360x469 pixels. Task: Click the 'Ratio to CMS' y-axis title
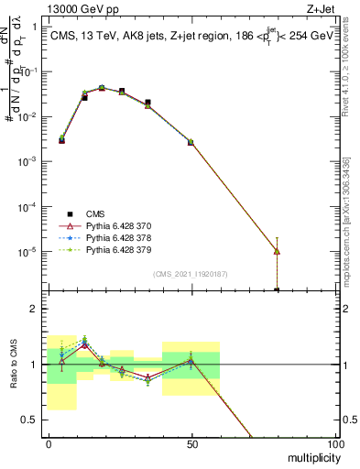13,364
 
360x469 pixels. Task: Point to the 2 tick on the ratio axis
37,309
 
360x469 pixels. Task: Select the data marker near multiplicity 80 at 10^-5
277,251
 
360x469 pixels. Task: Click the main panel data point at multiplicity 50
191,142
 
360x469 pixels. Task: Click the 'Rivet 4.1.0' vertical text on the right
350,69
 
